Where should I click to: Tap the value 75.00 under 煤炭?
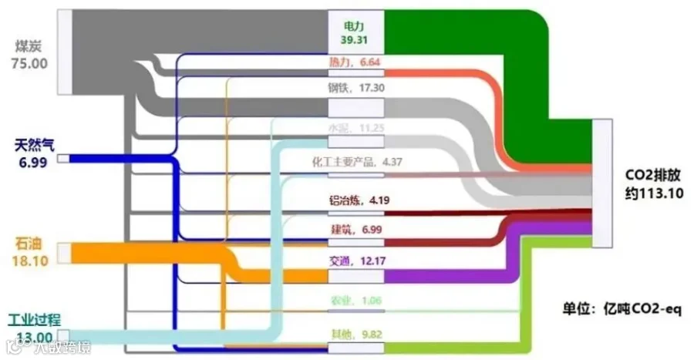pos(29,62)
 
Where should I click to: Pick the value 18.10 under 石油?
pos(30,260)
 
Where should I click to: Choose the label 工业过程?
pos(34,320)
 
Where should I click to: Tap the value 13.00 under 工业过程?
pos(31,337)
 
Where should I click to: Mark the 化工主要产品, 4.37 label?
pos(357,162)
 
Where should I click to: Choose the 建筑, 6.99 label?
pos(355,229)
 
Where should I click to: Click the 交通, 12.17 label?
pos(357,261)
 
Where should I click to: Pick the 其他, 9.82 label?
pos(355,335)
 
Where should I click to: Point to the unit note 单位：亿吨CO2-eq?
pos(622,310)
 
